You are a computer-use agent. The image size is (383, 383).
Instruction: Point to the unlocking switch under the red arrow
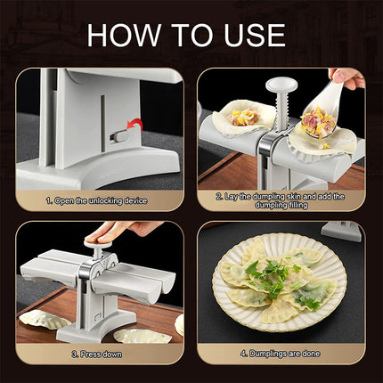[x=116, y=137]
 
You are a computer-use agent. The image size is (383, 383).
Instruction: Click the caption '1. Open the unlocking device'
[x=101, y=202]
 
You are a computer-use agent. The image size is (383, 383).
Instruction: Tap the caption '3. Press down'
[x=101, y=354]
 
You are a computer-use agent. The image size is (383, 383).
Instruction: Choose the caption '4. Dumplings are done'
[x=281, y=354]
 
